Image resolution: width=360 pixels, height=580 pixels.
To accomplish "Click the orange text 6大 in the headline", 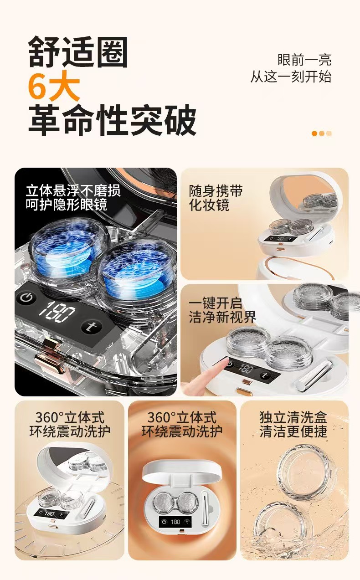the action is pyautogui.click(x=54, y=86).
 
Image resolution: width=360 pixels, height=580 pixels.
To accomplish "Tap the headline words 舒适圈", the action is pyautogui.click(x=78, y=52).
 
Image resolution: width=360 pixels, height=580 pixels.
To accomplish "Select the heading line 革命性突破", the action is pyautogui.click(x=112, y=120).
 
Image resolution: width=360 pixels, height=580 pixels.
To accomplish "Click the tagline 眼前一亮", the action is pyautogui.click(x=304, y=60).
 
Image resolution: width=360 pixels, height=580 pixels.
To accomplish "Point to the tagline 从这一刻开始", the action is pyautogui.click(x=291, y=77).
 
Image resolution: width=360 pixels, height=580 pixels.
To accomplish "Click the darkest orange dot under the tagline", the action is pyautogui.click(x=314, y=133).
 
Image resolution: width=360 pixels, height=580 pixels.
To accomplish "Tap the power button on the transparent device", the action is pyautogui.click(x=26, y=298).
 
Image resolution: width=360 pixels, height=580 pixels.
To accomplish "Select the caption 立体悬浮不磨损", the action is pyautogui.click(x=73, y=190).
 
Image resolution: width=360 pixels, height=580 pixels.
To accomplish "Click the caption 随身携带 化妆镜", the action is pyautogui.click(x=216, y=198).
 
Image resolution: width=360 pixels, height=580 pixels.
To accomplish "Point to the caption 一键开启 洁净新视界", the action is pyautogui.click(x=222, y=310).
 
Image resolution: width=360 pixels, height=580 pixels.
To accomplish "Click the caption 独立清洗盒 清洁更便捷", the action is pyautogui.click(x=293, y=424).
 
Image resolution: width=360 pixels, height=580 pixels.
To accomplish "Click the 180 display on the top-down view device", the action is pyautogui.click(x=175, y=521).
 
